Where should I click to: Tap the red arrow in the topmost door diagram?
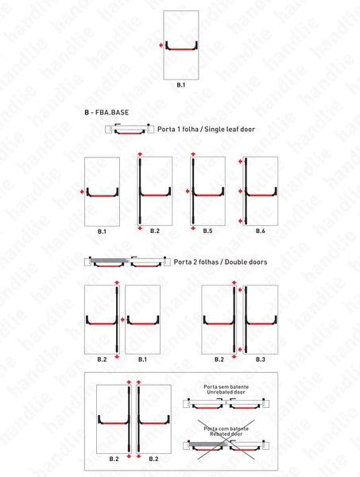coord(161,47)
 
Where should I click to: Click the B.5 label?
coord(207,231)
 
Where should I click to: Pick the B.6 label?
coord(260,231)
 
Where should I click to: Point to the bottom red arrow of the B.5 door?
coord(192,228)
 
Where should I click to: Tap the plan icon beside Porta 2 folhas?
coord(127,262)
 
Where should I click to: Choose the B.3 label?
coord(261,359)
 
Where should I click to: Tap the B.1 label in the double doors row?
coord(142,359)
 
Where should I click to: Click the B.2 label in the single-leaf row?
coord(155,231)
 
